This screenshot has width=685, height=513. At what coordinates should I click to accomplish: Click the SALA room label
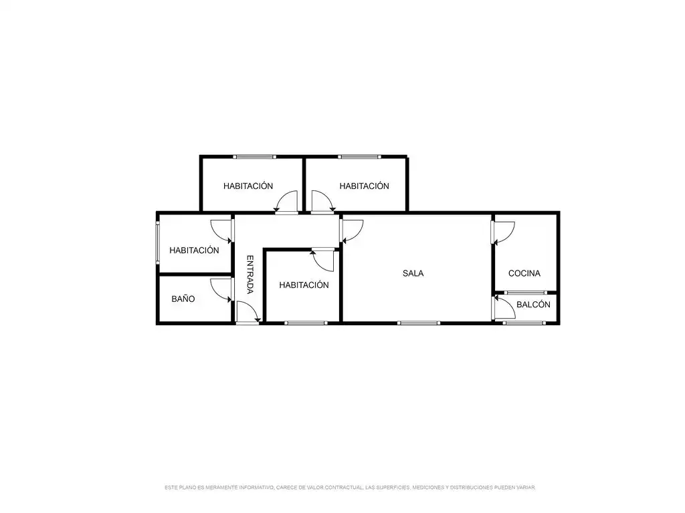[x=413, y=273]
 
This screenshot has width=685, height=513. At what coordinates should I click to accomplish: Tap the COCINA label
[x=524, y=273]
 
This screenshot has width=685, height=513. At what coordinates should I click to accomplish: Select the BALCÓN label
[x=533, y=305]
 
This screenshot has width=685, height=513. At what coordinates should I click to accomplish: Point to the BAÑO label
[x=183, y=299]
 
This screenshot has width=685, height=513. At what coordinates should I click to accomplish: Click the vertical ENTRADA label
[x=250, y=275]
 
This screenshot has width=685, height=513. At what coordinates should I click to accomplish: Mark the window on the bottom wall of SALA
[x=419, y=323]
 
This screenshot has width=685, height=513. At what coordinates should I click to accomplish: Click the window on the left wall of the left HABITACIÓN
[x=158, y=242]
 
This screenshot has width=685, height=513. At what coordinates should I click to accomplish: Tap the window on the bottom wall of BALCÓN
[x=524, y=323]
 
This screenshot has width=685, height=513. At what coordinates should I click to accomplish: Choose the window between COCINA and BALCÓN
[x=526, y=293]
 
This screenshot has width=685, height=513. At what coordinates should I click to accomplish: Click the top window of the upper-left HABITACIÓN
[x=254, y=156]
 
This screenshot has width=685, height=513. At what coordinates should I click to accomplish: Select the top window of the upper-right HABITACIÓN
[x=359, y=156]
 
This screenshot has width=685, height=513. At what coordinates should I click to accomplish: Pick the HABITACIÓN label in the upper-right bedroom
[x=364, y=186]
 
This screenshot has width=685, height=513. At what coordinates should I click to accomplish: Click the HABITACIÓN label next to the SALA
[x=304, y=285]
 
